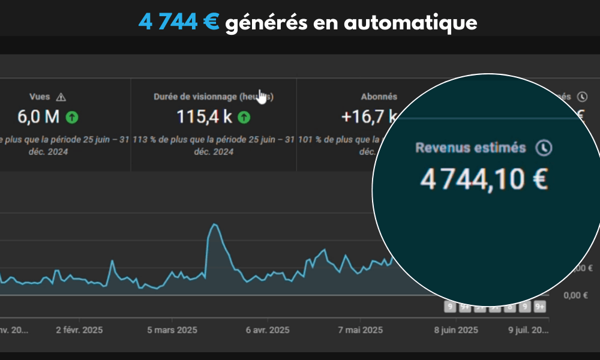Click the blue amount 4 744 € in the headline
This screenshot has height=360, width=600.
pos(178,22)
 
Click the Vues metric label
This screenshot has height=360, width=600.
pos(40,97)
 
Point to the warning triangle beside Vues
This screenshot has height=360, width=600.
pos(61,97)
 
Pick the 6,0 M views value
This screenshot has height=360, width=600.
pos(38,117)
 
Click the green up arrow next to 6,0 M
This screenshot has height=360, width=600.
pos(72,117)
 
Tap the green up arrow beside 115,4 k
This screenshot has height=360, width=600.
pos(244,117)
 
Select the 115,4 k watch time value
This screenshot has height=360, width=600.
pos(205,117)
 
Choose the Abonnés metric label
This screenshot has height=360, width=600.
pos(379,97)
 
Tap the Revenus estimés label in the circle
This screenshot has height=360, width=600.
pos(472,148)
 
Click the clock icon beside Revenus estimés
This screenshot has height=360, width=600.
pos(544,148)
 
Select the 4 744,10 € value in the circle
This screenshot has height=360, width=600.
pos(484,179)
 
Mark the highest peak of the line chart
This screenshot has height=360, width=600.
pos(214,224)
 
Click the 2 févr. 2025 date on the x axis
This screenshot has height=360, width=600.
pos(79,330)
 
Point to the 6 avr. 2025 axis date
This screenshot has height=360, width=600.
pos(268,330)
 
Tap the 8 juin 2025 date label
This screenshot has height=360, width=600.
pos(456,330)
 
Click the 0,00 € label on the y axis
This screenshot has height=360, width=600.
pos(576,295)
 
